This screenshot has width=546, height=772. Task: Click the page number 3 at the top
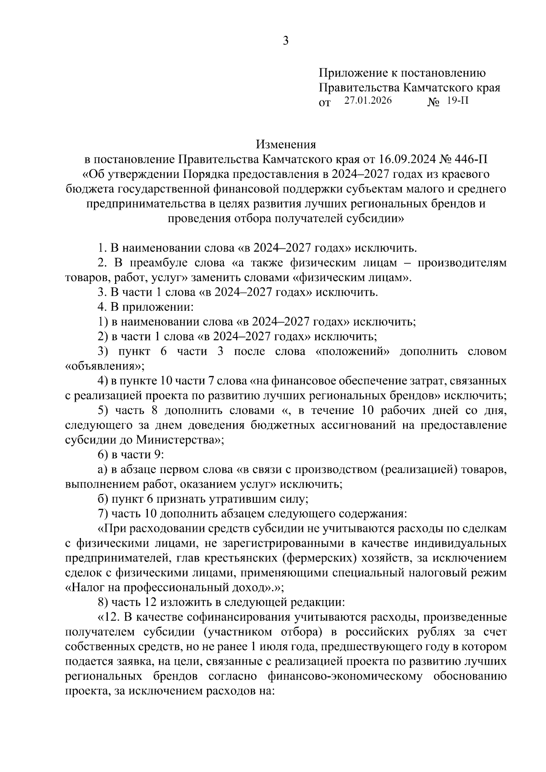[286, 41]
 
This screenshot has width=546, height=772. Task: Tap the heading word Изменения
[286, 145]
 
